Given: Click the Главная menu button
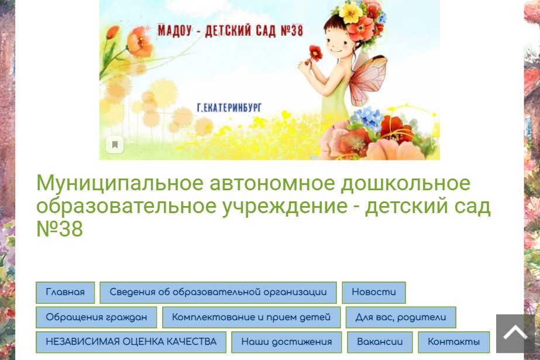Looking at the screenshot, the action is (65, 293).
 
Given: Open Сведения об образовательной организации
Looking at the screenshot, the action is (218, 293).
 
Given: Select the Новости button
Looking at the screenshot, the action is (374, 293).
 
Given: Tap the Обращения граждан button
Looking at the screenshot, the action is (96, 317).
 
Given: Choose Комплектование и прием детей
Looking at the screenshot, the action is (251, 317).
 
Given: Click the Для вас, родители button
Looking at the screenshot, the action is (401, 317).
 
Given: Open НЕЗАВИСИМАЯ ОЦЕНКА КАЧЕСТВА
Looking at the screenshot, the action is (131, 342).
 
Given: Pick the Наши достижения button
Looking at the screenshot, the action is (286, 342).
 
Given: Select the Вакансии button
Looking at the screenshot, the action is (380, 342).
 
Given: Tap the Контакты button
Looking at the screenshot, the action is (453, 342).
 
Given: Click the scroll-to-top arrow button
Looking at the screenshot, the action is (515, 334).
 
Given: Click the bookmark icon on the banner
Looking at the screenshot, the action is (115, 145).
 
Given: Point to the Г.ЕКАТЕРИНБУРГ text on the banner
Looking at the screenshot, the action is (229, 108).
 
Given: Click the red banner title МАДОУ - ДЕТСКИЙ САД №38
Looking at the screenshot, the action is (231, 30).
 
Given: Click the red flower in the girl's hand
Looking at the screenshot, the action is (315, 53).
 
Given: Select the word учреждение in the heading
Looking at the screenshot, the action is (284, 207).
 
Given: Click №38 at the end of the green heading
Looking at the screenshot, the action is (60, 229).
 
